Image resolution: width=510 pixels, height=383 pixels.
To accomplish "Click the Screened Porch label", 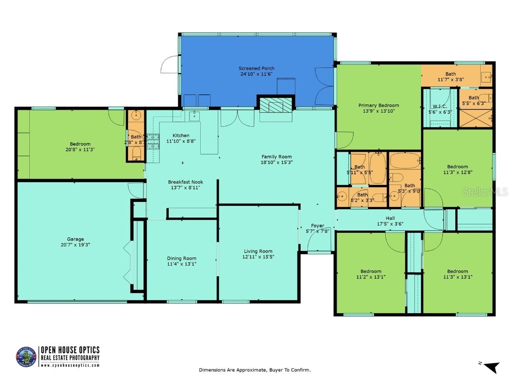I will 256,68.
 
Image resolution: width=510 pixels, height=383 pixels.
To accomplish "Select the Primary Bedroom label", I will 379,105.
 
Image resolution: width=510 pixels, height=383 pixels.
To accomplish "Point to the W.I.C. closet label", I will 439,106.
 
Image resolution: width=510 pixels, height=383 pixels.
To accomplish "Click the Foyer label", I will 318,225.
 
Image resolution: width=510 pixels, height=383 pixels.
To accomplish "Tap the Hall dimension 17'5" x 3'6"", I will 390,224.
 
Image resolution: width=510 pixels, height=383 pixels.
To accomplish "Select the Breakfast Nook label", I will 185,182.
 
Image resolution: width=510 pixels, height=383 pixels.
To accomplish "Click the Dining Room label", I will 181,258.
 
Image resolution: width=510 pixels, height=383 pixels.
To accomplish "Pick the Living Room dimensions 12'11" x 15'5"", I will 258,257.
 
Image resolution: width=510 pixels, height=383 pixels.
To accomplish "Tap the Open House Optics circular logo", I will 26,357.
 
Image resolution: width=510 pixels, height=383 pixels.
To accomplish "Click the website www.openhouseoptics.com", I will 70,365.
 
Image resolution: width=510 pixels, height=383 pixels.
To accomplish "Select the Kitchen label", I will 181,136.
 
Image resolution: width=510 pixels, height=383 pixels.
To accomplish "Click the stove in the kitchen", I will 152,140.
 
